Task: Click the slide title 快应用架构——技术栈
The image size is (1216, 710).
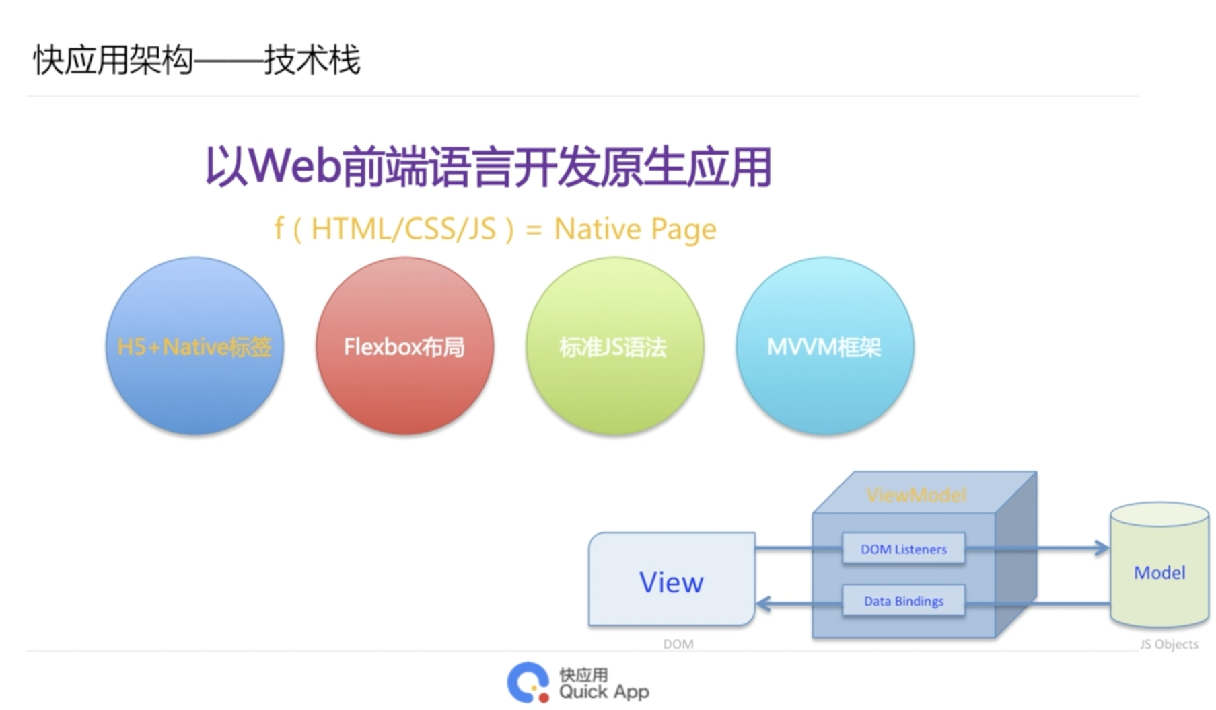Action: [196, 61]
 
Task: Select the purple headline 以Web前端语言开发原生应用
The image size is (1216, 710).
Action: [488, 167]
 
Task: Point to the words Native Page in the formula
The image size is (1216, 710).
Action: [635, 229]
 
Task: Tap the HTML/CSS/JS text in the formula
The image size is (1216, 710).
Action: [404, 229]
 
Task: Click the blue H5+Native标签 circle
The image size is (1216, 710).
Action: [194, 346]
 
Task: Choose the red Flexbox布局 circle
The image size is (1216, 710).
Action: [404, 346]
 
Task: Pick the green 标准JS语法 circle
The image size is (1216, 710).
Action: [614, 346]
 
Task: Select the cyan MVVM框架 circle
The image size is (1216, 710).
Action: [824, 346]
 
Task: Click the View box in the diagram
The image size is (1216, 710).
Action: [671, 581]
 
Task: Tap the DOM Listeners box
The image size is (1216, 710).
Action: [903, 549]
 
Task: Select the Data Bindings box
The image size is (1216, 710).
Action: [903, 601]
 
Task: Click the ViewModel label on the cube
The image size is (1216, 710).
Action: [916, 496]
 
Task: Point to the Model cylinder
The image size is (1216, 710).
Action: [1159, 571]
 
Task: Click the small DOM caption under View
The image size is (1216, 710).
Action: [678, 644]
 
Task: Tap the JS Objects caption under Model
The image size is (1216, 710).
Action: [1169, 644]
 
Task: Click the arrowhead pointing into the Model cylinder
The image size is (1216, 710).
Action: [1102, 548]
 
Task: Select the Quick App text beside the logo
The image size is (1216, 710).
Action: [604, 692]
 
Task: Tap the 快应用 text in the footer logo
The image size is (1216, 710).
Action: [583, 674]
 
